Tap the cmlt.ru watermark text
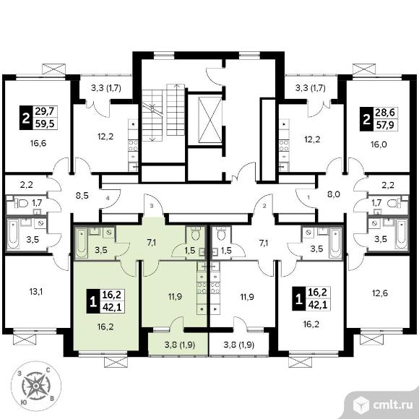click(392, 405)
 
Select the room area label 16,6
click(38, 144)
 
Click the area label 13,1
click(36, 292)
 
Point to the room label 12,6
click(380, 293)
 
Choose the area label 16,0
click(379, 144)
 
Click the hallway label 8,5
click(82, 196)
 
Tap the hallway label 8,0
click(334, 194)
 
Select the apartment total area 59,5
click(45, 124)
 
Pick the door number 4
click(108, 198)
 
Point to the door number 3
click(152, 206)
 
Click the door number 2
click(264, 206)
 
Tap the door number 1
click(308, 198)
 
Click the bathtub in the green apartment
click(81, 242)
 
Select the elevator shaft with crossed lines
click(210, 119)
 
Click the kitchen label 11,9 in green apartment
click(175, 296)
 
